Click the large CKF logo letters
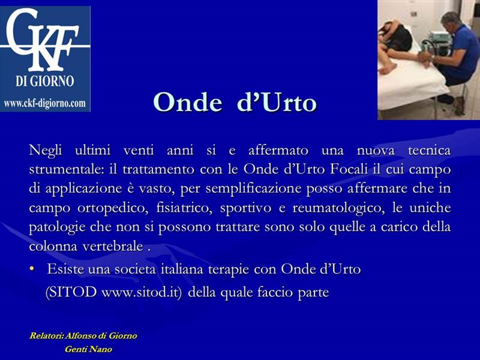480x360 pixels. coord(43,39)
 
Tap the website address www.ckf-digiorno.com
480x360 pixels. coord(44,103)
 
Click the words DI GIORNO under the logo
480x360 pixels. coord(44,81)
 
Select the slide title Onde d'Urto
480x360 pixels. coord(235,102)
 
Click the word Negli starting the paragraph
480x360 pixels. coord(46,151)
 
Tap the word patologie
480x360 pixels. coord(57,227)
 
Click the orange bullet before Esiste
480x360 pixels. coord(32,269)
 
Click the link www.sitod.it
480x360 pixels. coord(140,292)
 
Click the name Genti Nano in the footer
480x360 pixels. coord(88,349)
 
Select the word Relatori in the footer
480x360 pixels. coord(46,335)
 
